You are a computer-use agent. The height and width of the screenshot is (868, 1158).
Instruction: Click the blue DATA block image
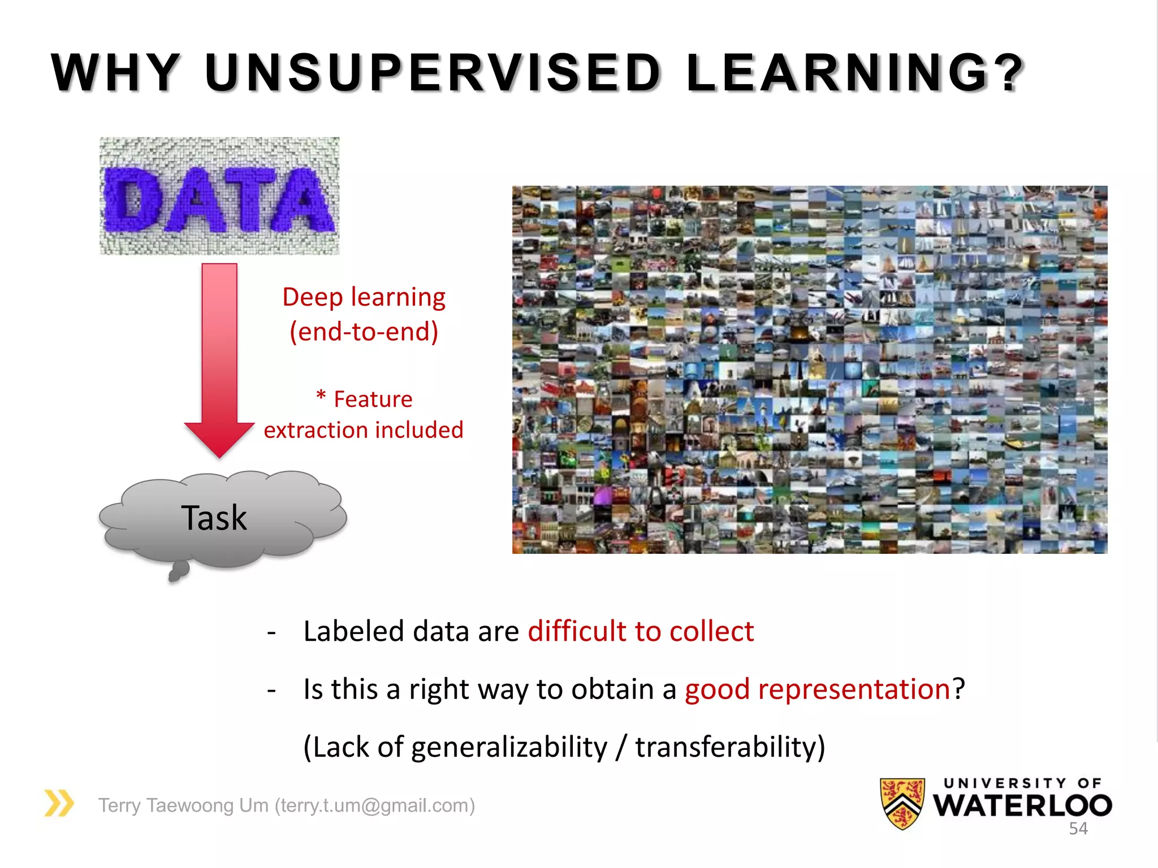coord(219,196)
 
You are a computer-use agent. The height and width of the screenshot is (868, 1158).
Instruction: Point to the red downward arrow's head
coord(219,438)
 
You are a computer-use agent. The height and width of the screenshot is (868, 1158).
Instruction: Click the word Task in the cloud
coord(214,518)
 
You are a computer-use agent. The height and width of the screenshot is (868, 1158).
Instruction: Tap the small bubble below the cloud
coord(178,571)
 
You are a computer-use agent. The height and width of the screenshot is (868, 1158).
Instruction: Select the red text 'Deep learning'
coord(364,297)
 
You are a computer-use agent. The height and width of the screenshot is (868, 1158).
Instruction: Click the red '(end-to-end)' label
coord(364,332)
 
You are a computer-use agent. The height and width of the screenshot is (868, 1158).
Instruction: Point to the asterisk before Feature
coord(321,396)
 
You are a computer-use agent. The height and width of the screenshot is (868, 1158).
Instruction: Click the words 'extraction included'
coord(364,430)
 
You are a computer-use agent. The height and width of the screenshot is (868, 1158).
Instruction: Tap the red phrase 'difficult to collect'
coord(641,631)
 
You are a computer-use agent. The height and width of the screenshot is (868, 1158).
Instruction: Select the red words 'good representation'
coord(817,689)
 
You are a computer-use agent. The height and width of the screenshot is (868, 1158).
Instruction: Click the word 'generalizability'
coord(509,747)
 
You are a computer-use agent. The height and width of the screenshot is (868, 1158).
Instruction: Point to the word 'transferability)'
coord(730,747)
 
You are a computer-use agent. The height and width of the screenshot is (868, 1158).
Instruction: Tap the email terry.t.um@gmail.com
coord(375,805)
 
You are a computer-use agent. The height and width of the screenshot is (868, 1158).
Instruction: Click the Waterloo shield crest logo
coord(902,803)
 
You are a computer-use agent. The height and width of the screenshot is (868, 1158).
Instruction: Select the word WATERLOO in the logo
coord(1022,806)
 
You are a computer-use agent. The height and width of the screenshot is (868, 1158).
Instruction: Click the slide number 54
coord(1078,828)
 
